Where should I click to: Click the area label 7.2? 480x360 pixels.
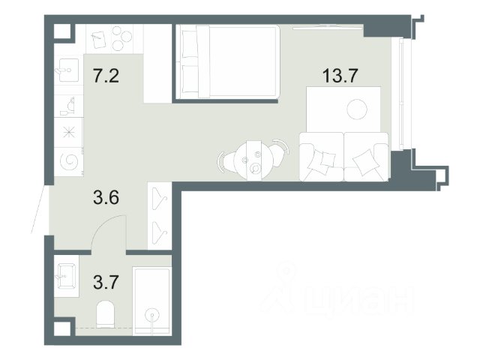coord(106,76)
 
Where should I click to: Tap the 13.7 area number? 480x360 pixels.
coord(340,76)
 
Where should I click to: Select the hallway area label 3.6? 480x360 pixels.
coord(106,197)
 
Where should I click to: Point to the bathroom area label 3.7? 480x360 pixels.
coord(106,282)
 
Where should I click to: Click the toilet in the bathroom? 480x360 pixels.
coord(105,313)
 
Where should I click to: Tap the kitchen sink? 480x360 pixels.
coord(67,70)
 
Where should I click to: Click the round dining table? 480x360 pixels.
coord(253,160)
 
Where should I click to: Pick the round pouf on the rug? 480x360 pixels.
coord(357,109)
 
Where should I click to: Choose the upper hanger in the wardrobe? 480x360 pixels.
coord(160,198)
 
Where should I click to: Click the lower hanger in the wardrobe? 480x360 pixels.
coord(160,232)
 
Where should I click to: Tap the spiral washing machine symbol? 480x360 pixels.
coord(69,161)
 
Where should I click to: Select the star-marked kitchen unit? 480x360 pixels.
coord(69,132)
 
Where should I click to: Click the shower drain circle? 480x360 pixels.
coord(152,315)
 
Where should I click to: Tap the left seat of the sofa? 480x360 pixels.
coord(322,157)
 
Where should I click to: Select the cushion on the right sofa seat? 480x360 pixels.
coord(364,163)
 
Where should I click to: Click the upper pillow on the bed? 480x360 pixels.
coord(190,43)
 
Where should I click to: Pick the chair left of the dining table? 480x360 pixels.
coord(225,162)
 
